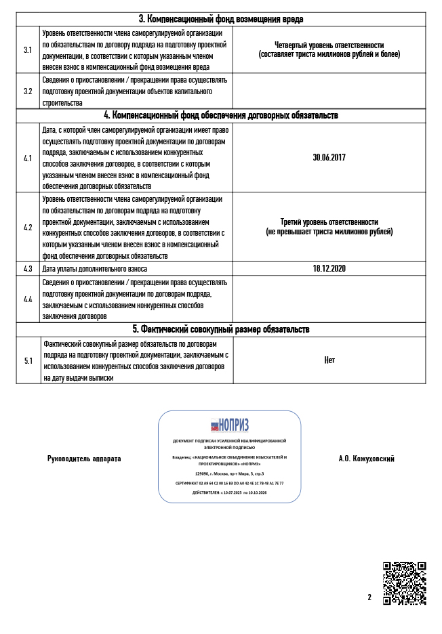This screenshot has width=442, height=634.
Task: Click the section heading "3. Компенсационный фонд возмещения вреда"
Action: pos(221,19)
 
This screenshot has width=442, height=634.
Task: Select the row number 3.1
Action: pos(28,49)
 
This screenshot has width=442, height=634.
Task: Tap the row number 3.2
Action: pos(28,90)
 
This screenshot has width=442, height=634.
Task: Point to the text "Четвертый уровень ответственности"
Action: pos(329,45)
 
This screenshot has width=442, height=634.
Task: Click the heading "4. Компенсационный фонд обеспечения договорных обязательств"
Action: pos(221,115)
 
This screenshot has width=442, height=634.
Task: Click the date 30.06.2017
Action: pos(329,157)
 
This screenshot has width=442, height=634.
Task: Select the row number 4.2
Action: pos(28,227)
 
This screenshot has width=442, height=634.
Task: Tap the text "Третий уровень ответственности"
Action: pos(329,222)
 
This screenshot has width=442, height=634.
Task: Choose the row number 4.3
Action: pos(28,268)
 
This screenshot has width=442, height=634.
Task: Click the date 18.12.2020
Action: pos(329,268)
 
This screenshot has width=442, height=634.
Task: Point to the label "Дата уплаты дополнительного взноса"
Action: pos(95,268)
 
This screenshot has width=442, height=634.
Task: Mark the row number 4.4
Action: pos(28,299)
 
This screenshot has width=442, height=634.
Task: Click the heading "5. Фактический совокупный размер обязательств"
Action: pos(221,329)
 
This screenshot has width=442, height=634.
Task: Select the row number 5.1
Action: pos(28,360)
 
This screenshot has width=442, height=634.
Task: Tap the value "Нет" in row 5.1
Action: pos(329,360)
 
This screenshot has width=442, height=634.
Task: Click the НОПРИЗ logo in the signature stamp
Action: pos(229,425)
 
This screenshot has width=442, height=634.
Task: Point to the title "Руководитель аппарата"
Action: pos(84,459)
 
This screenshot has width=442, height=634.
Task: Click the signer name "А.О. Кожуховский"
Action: pos(366,459)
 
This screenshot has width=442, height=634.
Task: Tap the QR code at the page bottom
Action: pos(404,583)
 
